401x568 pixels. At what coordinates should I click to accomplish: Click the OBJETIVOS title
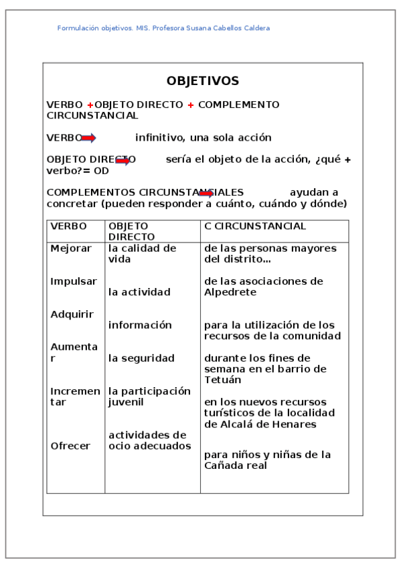202,81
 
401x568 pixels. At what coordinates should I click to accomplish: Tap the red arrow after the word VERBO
89,138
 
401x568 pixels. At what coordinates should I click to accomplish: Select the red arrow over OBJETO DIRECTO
123,161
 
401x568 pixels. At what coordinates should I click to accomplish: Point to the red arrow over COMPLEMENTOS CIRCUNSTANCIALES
206,194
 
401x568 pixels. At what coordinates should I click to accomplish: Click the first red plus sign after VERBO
90,105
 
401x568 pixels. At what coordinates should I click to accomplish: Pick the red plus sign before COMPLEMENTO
190,105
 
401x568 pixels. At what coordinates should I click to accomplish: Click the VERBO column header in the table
68,226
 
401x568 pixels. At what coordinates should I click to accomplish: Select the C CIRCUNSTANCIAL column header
255,226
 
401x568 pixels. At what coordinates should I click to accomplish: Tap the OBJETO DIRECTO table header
131,231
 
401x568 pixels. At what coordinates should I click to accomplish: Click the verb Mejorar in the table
71,248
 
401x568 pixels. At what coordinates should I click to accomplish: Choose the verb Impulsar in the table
74,281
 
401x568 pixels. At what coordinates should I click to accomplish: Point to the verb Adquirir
72,314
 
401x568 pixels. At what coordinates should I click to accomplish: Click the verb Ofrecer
70,446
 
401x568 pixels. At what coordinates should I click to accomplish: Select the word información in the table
140,326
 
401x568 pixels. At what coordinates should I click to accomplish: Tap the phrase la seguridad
141,358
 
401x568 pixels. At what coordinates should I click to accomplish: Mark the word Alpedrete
232,293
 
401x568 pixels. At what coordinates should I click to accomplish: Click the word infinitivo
159,138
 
